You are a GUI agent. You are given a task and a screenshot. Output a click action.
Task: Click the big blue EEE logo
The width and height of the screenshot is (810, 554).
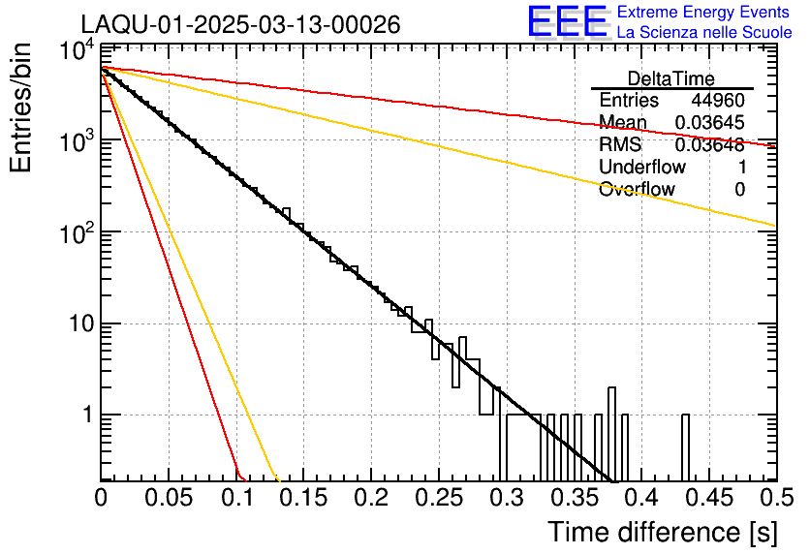567,23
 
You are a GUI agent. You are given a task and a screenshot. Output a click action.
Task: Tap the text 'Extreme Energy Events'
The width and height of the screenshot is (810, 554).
704,13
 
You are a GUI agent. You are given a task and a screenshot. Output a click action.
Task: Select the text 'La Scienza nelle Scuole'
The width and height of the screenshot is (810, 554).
704,33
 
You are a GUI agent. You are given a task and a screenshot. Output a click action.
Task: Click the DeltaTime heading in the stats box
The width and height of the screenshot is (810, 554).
671,78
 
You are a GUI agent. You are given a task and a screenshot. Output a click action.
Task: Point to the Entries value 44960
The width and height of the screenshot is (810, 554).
718,101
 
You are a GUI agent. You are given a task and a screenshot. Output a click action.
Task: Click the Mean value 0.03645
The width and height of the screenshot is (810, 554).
710,123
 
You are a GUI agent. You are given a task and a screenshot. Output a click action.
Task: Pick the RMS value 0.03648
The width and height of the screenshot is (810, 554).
710,145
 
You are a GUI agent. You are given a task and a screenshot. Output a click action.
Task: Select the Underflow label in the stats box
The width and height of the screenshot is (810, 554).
642,168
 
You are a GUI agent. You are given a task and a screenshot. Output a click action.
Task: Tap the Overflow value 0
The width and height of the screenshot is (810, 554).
739,190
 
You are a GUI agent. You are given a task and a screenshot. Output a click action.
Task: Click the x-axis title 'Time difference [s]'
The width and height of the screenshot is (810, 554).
662,532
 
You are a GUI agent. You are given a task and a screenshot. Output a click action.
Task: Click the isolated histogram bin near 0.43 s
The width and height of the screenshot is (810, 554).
685,447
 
